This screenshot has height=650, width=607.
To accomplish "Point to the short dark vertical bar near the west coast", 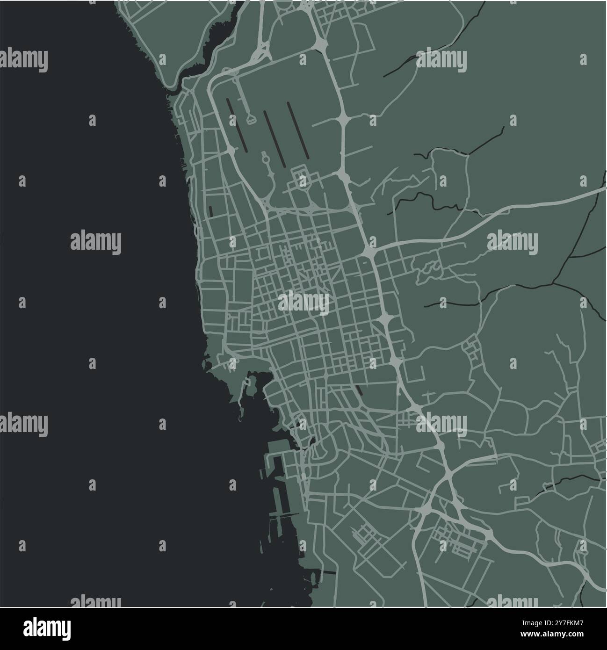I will (x=210, y=211).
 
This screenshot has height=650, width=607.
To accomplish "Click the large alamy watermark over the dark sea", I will (x=95, y=242).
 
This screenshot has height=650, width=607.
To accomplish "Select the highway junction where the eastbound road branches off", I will (x=369, y=252).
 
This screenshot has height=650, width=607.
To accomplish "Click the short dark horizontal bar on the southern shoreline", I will (x=330, y=572).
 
